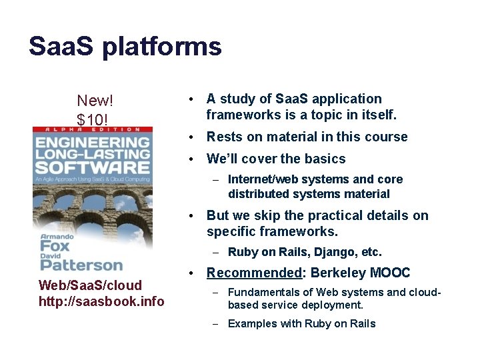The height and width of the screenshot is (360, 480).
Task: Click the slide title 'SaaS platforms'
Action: (x=125, y=47)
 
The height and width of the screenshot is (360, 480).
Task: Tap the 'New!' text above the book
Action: (x=95, y=101)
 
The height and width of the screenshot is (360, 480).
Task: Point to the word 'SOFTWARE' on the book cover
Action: (x=92, y=167)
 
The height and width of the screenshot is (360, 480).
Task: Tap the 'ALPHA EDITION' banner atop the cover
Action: (x=92, y=129)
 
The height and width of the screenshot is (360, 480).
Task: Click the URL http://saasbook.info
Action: (x=101, y=301)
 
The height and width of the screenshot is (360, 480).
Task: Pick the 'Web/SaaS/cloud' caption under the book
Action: (x=91, y=285)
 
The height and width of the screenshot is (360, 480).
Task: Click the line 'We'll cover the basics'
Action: (x=276, y=159)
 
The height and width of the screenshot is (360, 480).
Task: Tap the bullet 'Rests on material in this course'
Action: (x=307, y=137)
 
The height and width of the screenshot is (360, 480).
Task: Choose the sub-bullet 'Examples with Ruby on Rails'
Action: (x=301, y=323)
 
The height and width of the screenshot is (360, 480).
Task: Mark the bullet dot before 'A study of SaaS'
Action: (x=191, y=99)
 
